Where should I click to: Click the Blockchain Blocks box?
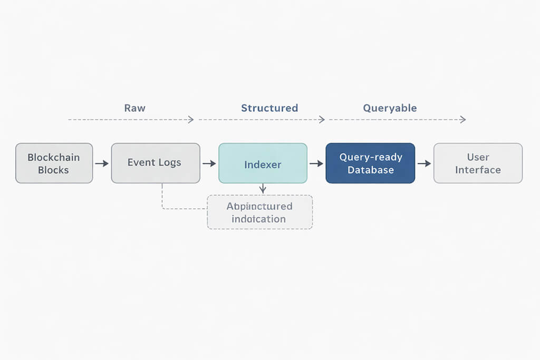pyautogui.click(x=54, y=163)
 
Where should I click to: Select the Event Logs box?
pyautogui.click(x=156, y=163)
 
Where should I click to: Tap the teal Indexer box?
pyautogui.click(x=263, y=163)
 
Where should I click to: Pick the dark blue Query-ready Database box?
pyautogui.click(x=370, y=163)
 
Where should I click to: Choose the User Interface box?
pyautogui.click(x=478, y=163)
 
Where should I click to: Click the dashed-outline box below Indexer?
pyautogui.click(x=259, y=212)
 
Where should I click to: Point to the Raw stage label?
pyautogui.click(x=134, y=108)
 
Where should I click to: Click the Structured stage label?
pyautogui.click(x=269, y=108)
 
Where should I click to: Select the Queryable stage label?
pyautogui.click(x=390, y=108)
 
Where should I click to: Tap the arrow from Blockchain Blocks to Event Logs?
pyautogui.click(x=102, y=164)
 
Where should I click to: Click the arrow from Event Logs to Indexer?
pyautogui.click(x=209, y=164)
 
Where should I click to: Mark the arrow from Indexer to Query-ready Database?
pyautogui.click(x=316, y=164)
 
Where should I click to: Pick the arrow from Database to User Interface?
pyautogui.click(x=424, y=164)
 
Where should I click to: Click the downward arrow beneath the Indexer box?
pyautogui.click(x=263, y=189)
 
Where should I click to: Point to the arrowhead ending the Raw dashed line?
pyautogui.click(x=191, y=120)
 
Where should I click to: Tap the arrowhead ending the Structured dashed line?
pyautogui.click(x=322, y=120)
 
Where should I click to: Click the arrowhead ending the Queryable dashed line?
pyautogui.click(x=463, y=120)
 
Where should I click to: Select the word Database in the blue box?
pyautogui.click(x=370, y=170)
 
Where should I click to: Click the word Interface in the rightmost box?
pyautogui.click(x=478, y=170)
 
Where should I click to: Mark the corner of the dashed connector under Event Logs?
pyautogui.click(x=162, y=209)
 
